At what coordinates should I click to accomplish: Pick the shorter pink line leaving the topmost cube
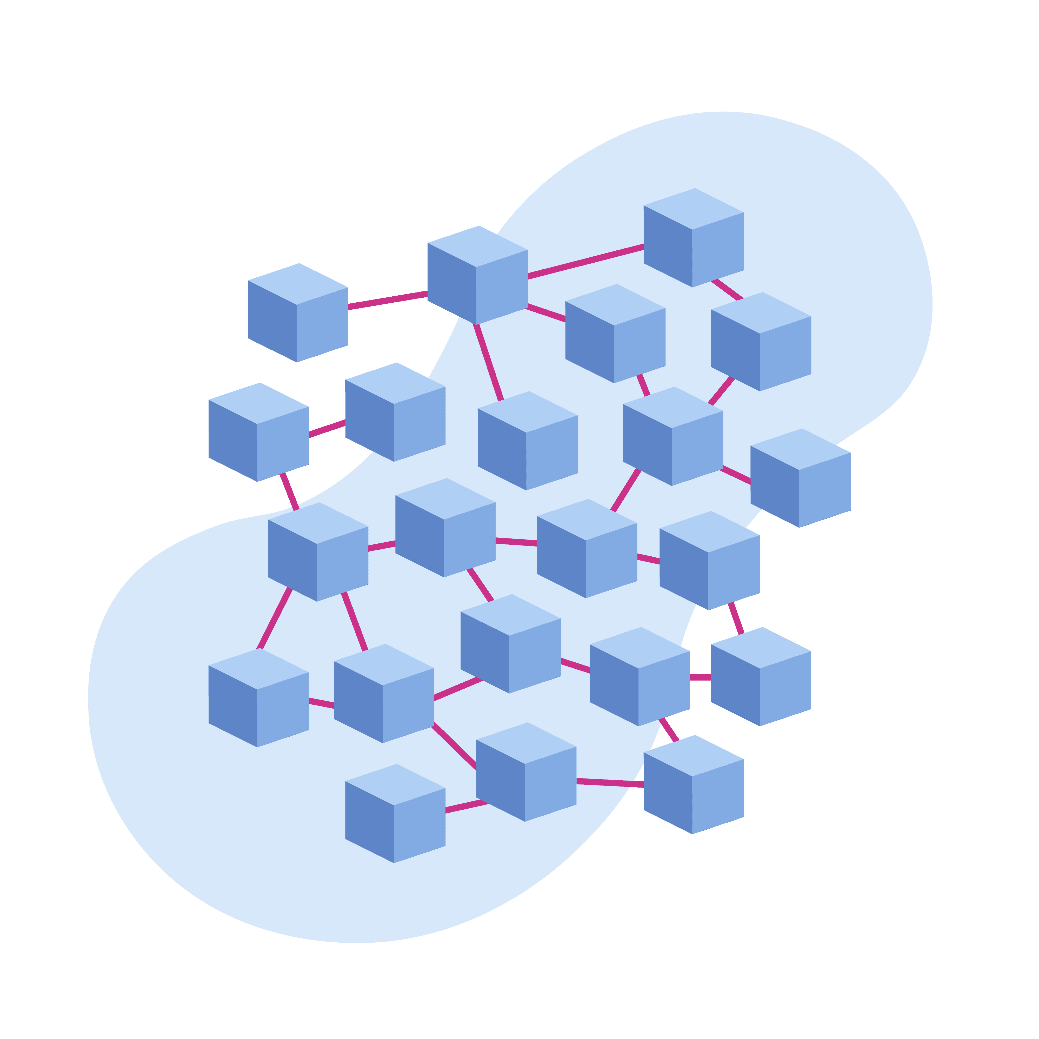[727, 289]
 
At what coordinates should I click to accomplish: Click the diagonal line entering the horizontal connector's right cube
[736, 618]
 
